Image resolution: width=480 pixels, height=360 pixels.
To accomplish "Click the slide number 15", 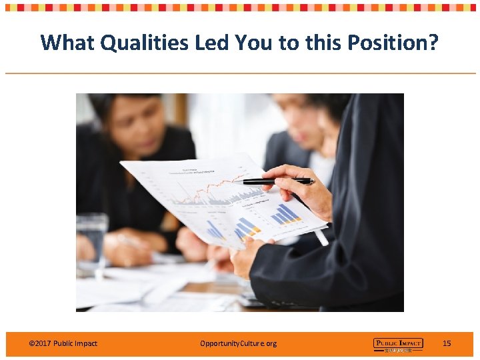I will point(447,343).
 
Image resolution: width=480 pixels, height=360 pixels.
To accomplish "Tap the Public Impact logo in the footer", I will point(397,344).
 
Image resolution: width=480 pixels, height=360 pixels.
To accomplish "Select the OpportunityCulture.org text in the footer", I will point(238,343).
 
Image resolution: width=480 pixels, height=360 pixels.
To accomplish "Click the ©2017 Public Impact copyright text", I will point(63,343).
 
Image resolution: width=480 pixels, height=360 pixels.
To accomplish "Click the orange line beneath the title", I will point(240,73).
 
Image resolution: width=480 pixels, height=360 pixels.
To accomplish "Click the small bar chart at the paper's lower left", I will point(217,230).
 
